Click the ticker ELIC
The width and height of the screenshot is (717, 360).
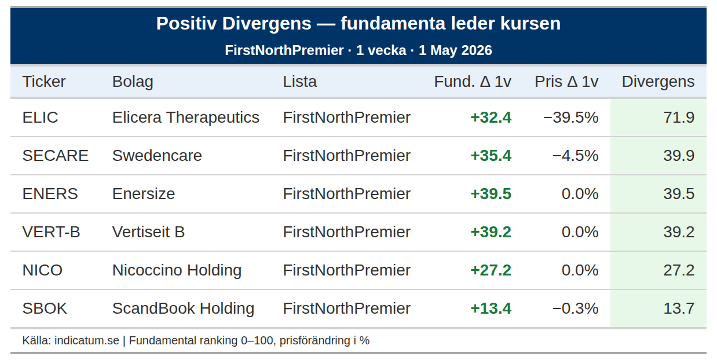pyautogui.click(x=40, y=117)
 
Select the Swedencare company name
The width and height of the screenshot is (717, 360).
pyautogui.click(x=157, y=156)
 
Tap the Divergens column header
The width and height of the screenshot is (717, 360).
pyautogui.click(x=658, y=82)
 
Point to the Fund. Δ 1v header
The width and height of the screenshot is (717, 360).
pyautogui.click(x=473, y=82)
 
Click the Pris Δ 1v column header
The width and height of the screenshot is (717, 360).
pyautogui.click(x=566, y=82)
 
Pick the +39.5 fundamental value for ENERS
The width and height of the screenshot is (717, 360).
pyautogui.click(x=491, y=194)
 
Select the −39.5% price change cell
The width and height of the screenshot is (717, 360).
pyautogui.click(x=570, y=117)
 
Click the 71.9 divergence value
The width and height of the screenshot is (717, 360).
pyautogui.click(x=679, y=117)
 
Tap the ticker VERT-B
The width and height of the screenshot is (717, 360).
pyautogui.click(x=51, y=232)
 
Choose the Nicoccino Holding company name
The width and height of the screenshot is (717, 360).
pyautogui.click(x=177, y=270)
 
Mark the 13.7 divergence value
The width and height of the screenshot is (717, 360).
pyautogui.click(x=679, y=308)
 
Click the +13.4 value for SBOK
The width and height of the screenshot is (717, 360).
pyautogui.click(x=491, y=308)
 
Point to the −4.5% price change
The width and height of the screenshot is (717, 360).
pyautogui.click(x=575, y=156)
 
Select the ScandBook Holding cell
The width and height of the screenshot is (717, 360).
pyautogui.click(x=183, y=308)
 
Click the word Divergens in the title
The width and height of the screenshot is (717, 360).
pyautogui.click(x=266, y=24)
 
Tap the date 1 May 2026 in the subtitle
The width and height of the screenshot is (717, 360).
pyautogui.click(x=455, y=50)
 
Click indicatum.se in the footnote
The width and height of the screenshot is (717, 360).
pyautogui.click(x=87, y=340)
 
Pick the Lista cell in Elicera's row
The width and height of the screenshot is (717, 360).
pyautogui.click(x=347, y=117)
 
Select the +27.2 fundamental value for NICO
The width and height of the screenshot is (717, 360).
pyautogui.click(x=491, y=270)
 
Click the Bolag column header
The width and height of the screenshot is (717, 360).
pyautogui.click(x=133, y=82)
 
